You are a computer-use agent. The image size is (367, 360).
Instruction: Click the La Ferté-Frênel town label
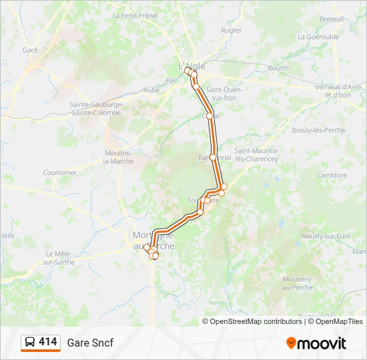point(135,15)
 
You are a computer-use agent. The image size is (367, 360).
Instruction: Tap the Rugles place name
point(231,31)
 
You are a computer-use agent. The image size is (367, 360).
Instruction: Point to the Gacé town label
point(30,50)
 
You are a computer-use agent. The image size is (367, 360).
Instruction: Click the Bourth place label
point(278,68)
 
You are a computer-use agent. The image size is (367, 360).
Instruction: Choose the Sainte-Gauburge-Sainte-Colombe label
point(95,109)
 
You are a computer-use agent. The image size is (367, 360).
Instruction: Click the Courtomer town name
point(60,173)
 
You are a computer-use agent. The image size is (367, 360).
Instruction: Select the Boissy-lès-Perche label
point(319,130)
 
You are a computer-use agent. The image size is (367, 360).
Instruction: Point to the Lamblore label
point(333,175)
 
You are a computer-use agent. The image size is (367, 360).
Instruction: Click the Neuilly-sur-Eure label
point(326,236)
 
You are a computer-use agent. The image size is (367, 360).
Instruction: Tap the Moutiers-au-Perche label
point(297,282)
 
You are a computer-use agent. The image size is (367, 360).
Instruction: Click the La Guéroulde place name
point(318,37)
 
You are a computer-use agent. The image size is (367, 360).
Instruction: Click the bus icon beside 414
point(30,343)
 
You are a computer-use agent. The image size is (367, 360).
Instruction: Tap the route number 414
point(48,342)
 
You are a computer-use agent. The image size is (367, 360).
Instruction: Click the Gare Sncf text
point(90,343)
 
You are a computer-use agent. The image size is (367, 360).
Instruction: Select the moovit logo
point(316,343)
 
